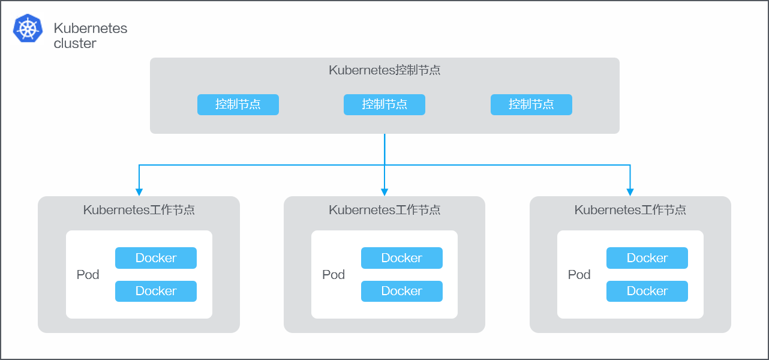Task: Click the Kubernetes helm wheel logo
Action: pyautogui.click(x=28, y=28)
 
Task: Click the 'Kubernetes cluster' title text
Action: pyautogui.click(x=91, y=36)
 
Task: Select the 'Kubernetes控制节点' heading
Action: pyautogui.click(x=384, y=70)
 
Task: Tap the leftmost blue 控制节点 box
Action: pyautogui.click(x=238, y=104)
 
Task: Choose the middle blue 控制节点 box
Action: pyautogui.click(x=384, y=104)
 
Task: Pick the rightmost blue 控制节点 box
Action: pyautogui.click(x=531, y=104)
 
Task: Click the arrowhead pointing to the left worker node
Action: pyautogui.click(x=139, y=192)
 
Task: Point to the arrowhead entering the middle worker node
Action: pyautogui.click(x=384, y=192)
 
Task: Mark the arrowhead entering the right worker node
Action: pyautogui.click(x=630, y=192)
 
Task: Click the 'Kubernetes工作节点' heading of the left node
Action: pyautogui.click(x=139, y=210)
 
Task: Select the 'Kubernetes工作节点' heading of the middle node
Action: pyautogui.click(x=384, y=210)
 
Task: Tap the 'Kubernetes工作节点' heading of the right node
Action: pyautogui.click(x=630, y=210)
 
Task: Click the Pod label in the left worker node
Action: pyautogui.click(x=88, y=274)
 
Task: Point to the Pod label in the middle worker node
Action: pyautogui.click(x=334, y=274)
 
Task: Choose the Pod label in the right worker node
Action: pyautogui.click(x=579, y=274)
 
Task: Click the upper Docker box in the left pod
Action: pyautogui.click(x=156, y=258)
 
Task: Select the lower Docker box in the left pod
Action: pyautogui.click(x=156, y=291)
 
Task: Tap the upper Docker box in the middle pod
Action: pyautogui.click(x=402, y=258)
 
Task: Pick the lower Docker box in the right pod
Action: pyautogui.click(x=647, y=291)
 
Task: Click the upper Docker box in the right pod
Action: pyautogui.click(x=647, y=258)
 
